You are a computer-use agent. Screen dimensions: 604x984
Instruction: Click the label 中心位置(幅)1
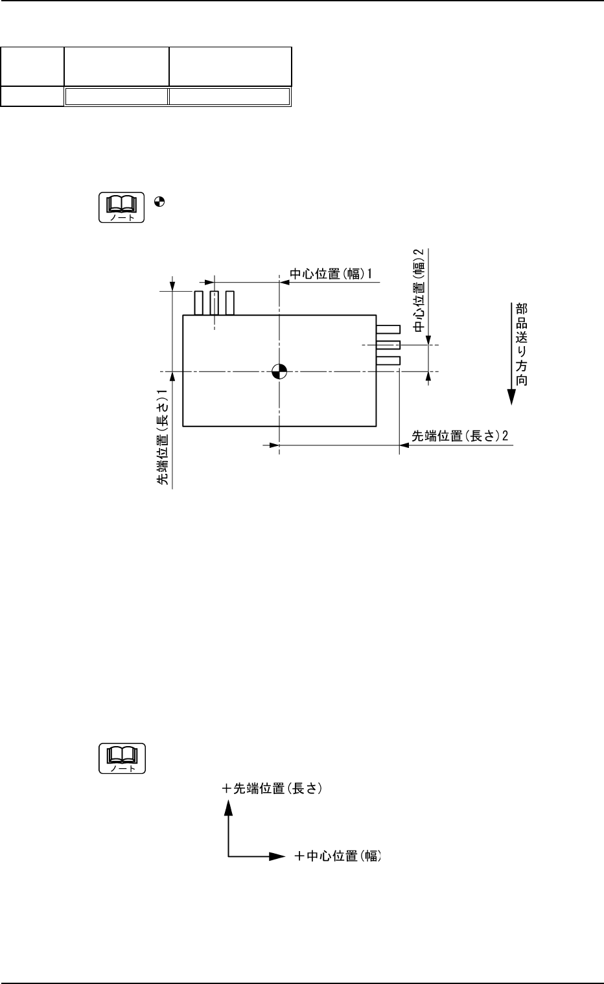tap(331, 274)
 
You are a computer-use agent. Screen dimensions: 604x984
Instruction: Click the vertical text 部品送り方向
tap(521, 344)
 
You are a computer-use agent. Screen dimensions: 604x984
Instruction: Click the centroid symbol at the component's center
tap(279, 371)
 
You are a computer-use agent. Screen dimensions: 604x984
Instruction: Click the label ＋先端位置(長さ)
tap(272, 789)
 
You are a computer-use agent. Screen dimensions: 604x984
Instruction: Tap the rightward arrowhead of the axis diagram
tap(277, 856)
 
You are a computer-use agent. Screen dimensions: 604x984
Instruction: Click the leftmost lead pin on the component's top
tap(199, 303)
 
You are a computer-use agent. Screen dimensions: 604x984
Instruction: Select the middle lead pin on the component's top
tap(215, 303)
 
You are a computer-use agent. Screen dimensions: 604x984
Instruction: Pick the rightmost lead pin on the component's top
tap(230, 303)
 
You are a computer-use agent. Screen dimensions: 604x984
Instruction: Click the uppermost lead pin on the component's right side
tap(388, 329)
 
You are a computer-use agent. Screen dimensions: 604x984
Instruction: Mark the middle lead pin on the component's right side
tap(388, 345)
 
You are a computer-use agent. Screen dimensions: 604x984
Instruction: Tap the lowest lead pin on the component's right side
tap(388, 360)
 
